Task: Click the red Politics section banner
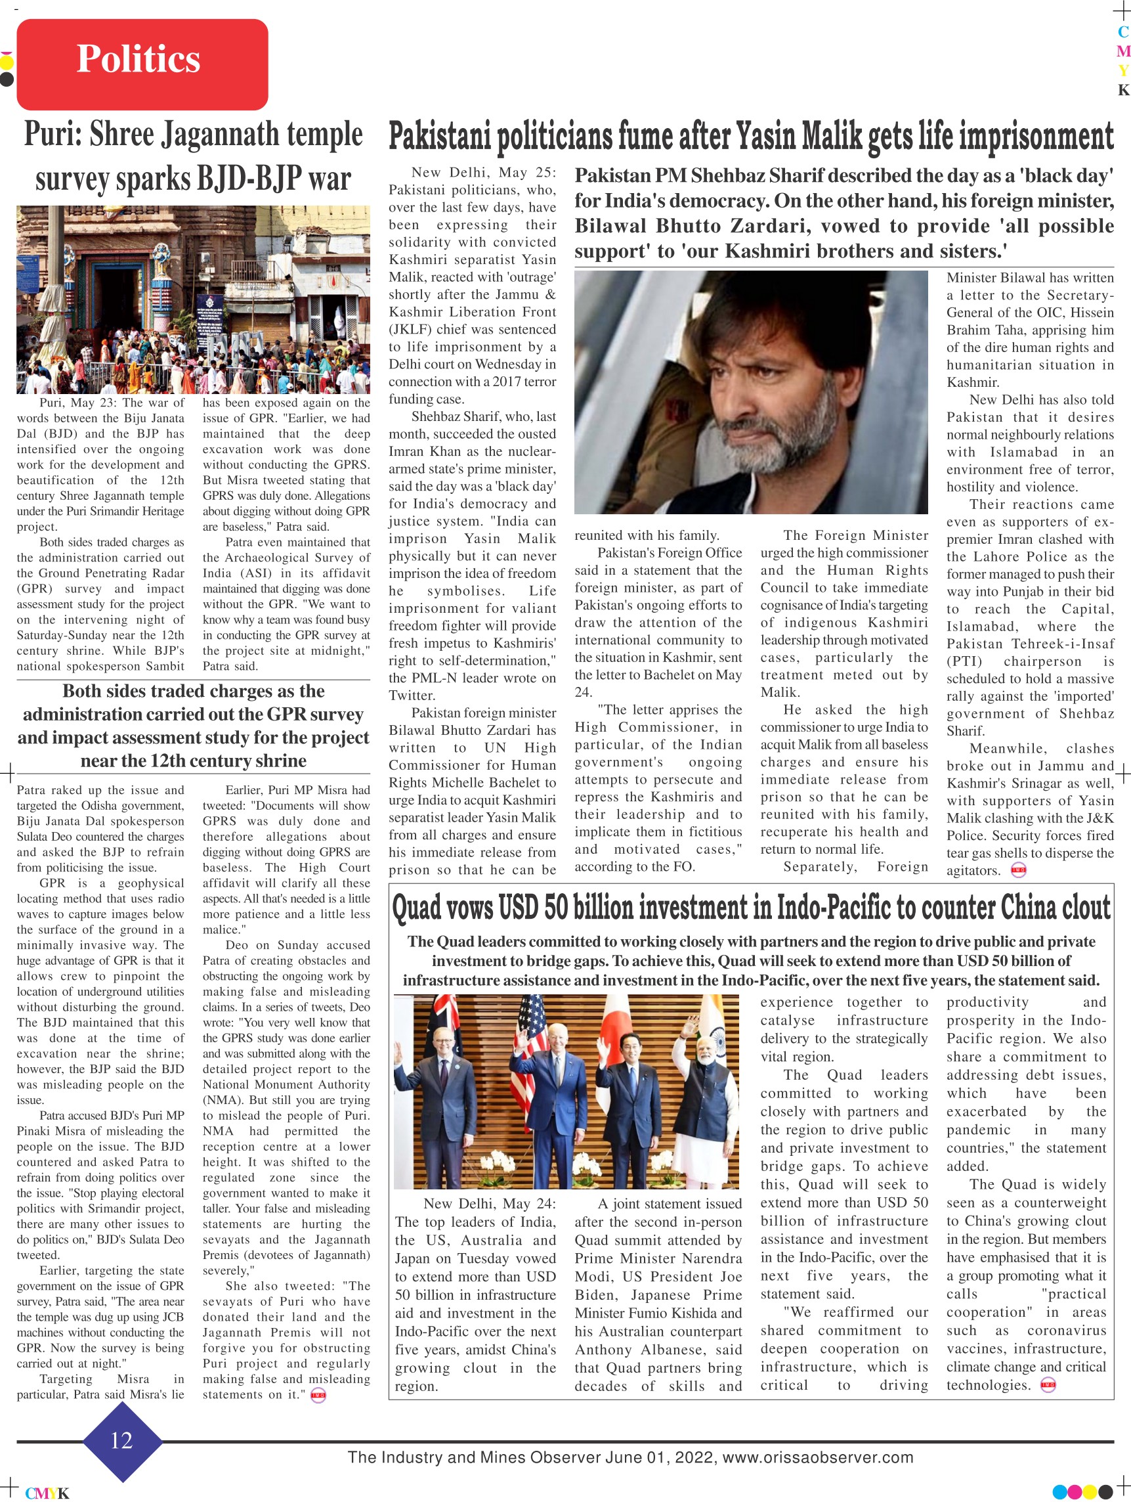142,64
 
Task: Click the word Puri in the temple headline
52,135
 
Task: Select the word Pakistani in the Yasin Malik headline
440,137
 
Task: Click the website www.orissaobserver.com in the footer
817,1457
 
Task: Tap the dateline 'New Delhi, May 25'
483,173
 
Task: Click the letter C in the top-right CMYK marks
1124,32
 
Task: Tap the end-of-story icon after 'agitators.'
1018,870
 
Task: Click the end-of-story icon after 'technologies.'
1048,1386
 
